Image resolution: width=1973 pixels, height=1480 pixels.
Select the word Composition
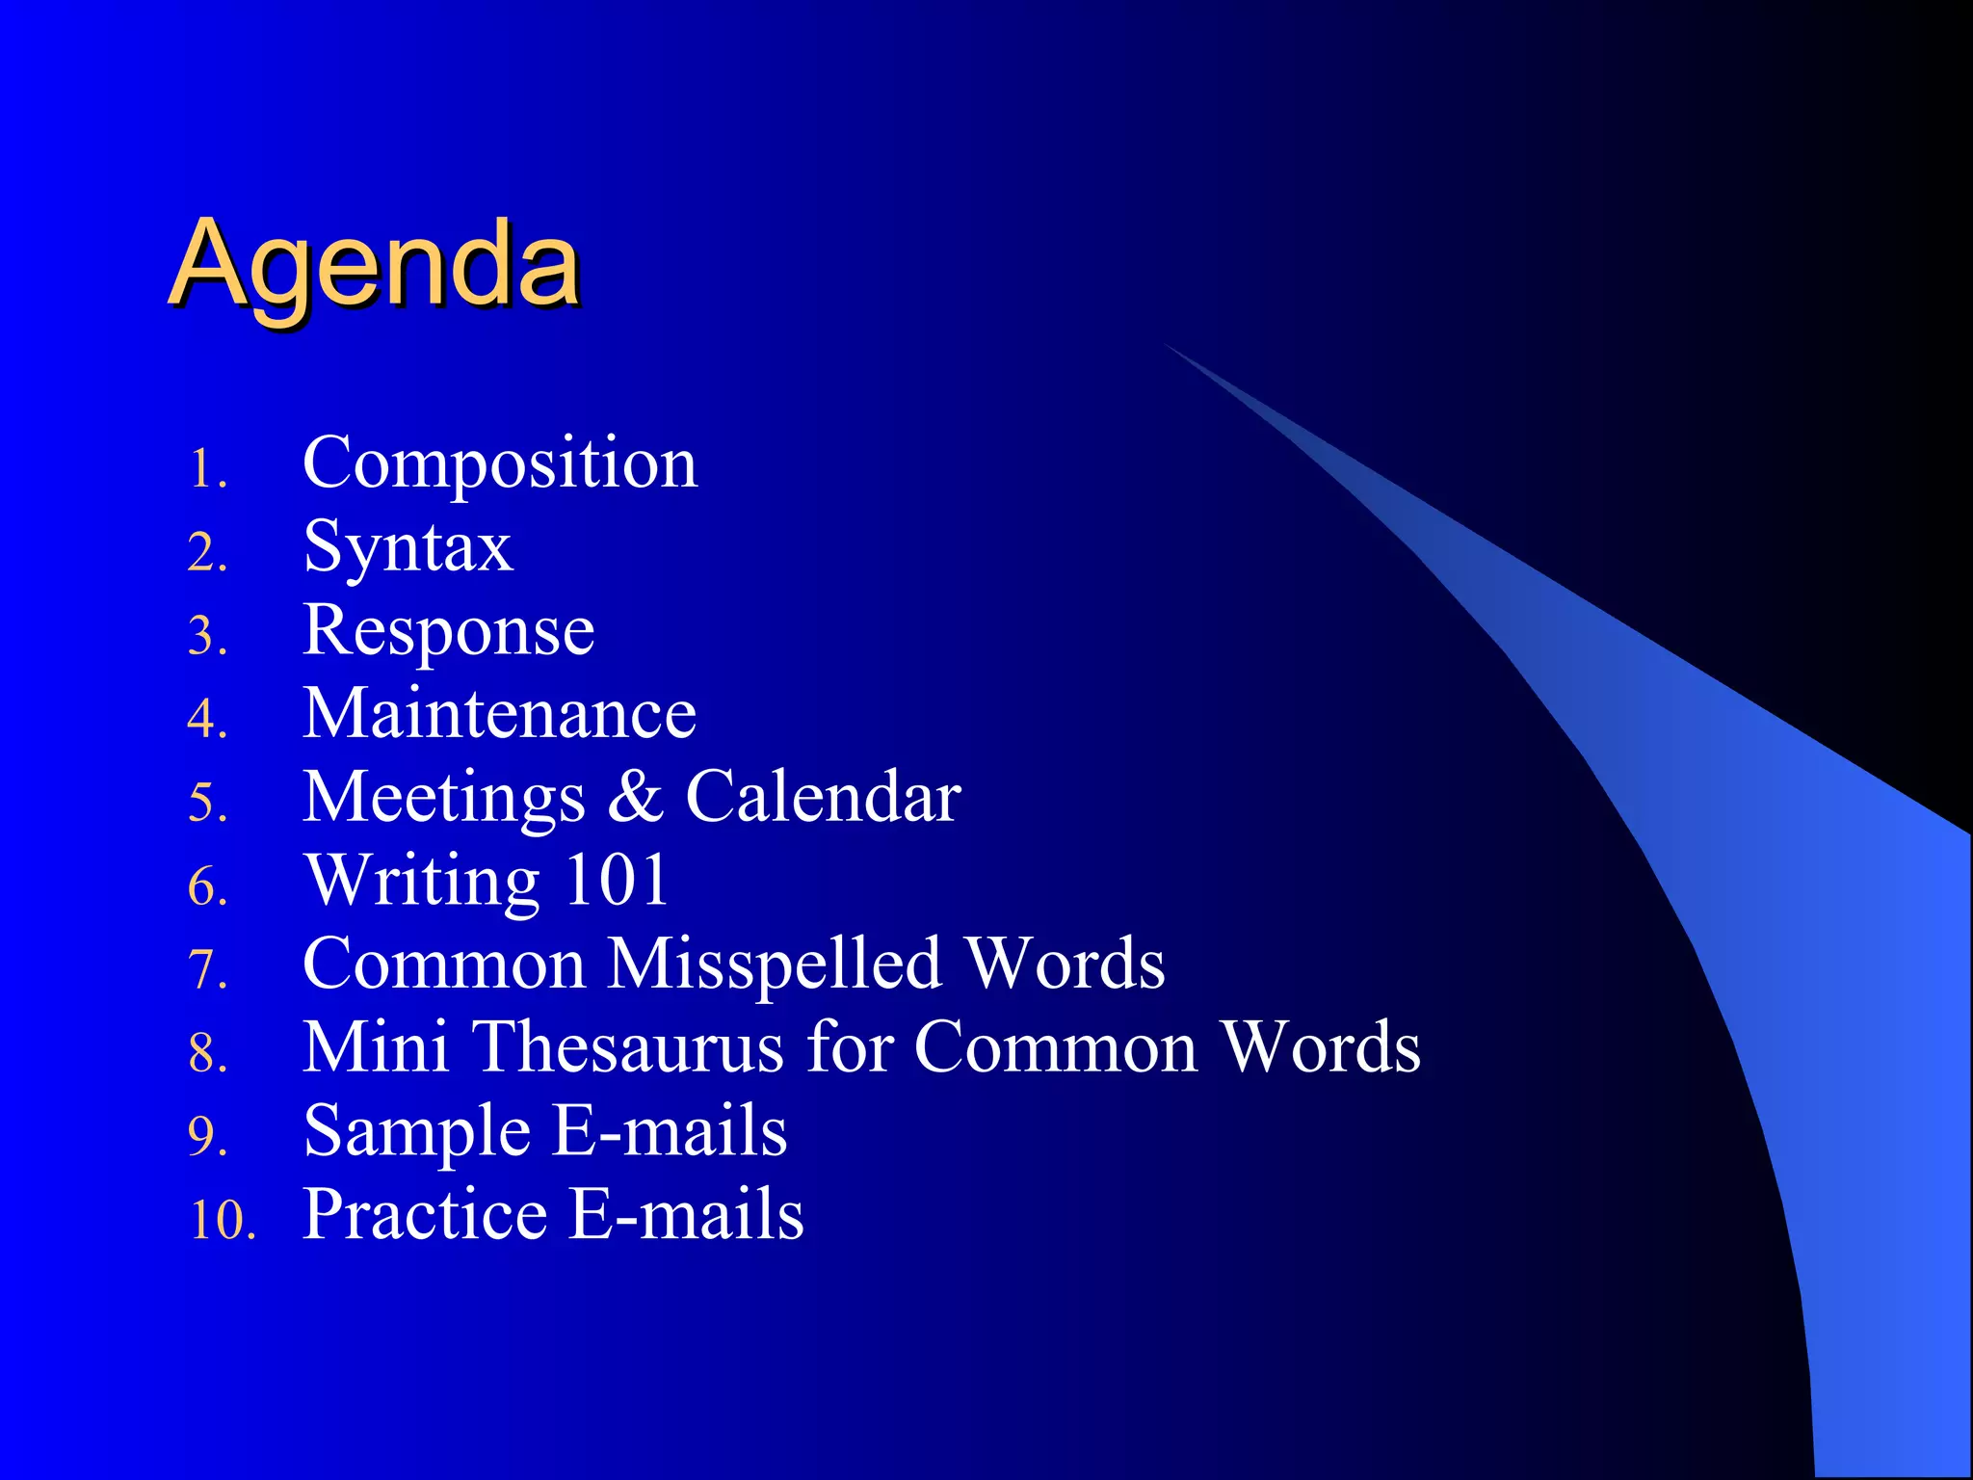[500, 464]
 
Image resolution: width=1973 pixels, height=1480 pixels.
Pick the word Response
[449, 632]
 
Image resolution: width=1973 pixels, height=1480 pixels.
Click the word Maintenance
[499, 714]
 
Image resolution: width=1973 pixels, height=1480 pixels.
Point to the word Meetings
[443, 799]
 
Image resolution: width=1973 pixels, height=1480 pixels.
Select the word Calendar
[823, 797]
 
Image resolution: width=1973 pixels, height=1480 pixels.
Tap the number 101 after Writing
[617, 880]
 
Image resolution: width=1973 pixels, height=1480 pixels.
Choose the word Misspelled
[775, 964]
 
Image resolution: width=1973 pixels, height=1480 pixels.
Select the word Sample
[416, 1131]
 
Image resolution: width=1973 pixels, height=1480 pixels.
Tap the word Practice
[425, 1214]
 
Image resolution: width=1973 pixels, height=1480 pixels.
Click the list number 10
[222, 1220]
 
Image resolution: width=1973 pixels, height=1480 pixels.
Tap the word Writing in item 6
[421, 881]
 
